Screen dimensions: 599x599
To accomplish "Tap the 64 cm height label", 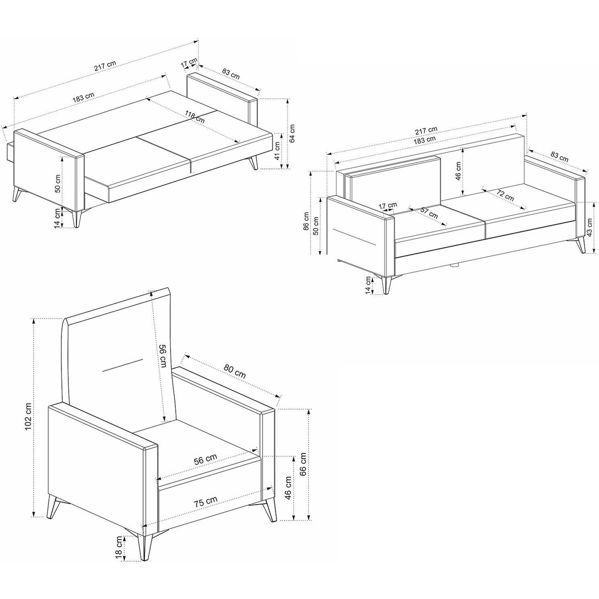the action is click(292, 133).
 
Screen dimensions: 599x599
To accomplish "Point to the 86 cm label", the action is click(307, 221).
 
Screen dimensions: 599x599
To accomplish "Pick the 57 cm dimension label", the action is click(429, 214).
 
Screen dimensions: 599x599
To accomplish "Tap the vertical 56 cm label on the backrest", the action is click(163, 355).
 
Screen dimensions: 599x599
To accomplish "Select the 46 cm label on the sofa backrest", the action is click(458, 171).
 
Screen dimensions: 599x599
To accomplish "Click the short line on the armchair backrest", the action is click(123, 365).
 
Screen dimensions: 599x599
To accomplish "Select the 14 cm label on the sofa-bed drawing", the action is click(58, 218).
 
